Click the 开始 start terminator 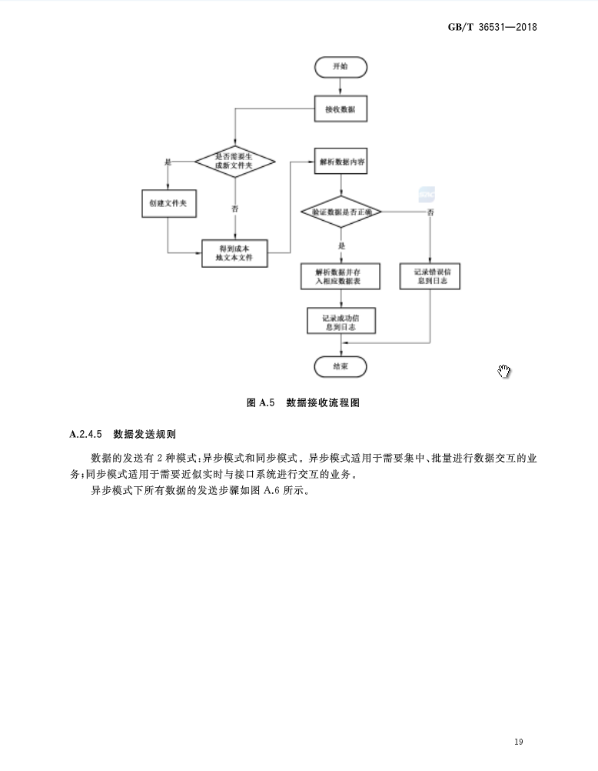[x=341, y=67]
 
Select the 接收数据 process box [x=341, y=109]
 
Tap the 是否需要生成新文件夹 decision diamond [x=234, y=162]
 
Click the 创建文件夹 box [x=168, y=202]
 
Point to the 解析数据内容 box [x=341, y=162]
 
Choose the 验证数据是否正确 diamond [x=341, y=210]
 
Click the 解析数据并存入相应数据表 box [x=341, y=276]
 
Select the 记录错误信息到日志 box [x=430, y=276]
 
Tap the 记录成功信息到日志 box [x=341, y=322]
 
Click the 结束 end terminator [x=341, y=366]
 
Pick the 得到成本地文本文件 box [x=234, y=253]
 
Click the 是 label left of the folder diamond [x=168, y=162]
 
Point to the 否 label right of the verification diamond [x=430, y=212]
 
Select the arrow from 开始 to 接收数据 [x=341, y=86]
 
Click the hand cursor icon [x=504, y=372]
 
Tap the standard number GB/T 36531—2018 [x=492, y=27]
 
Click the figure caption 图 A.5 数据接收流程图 [x=303, y=403]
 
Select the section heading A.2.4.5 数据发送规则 [x=122, y=434]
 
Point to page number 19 [x=518, y=742]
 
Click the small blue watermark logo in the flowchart [x=427, y=194]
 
